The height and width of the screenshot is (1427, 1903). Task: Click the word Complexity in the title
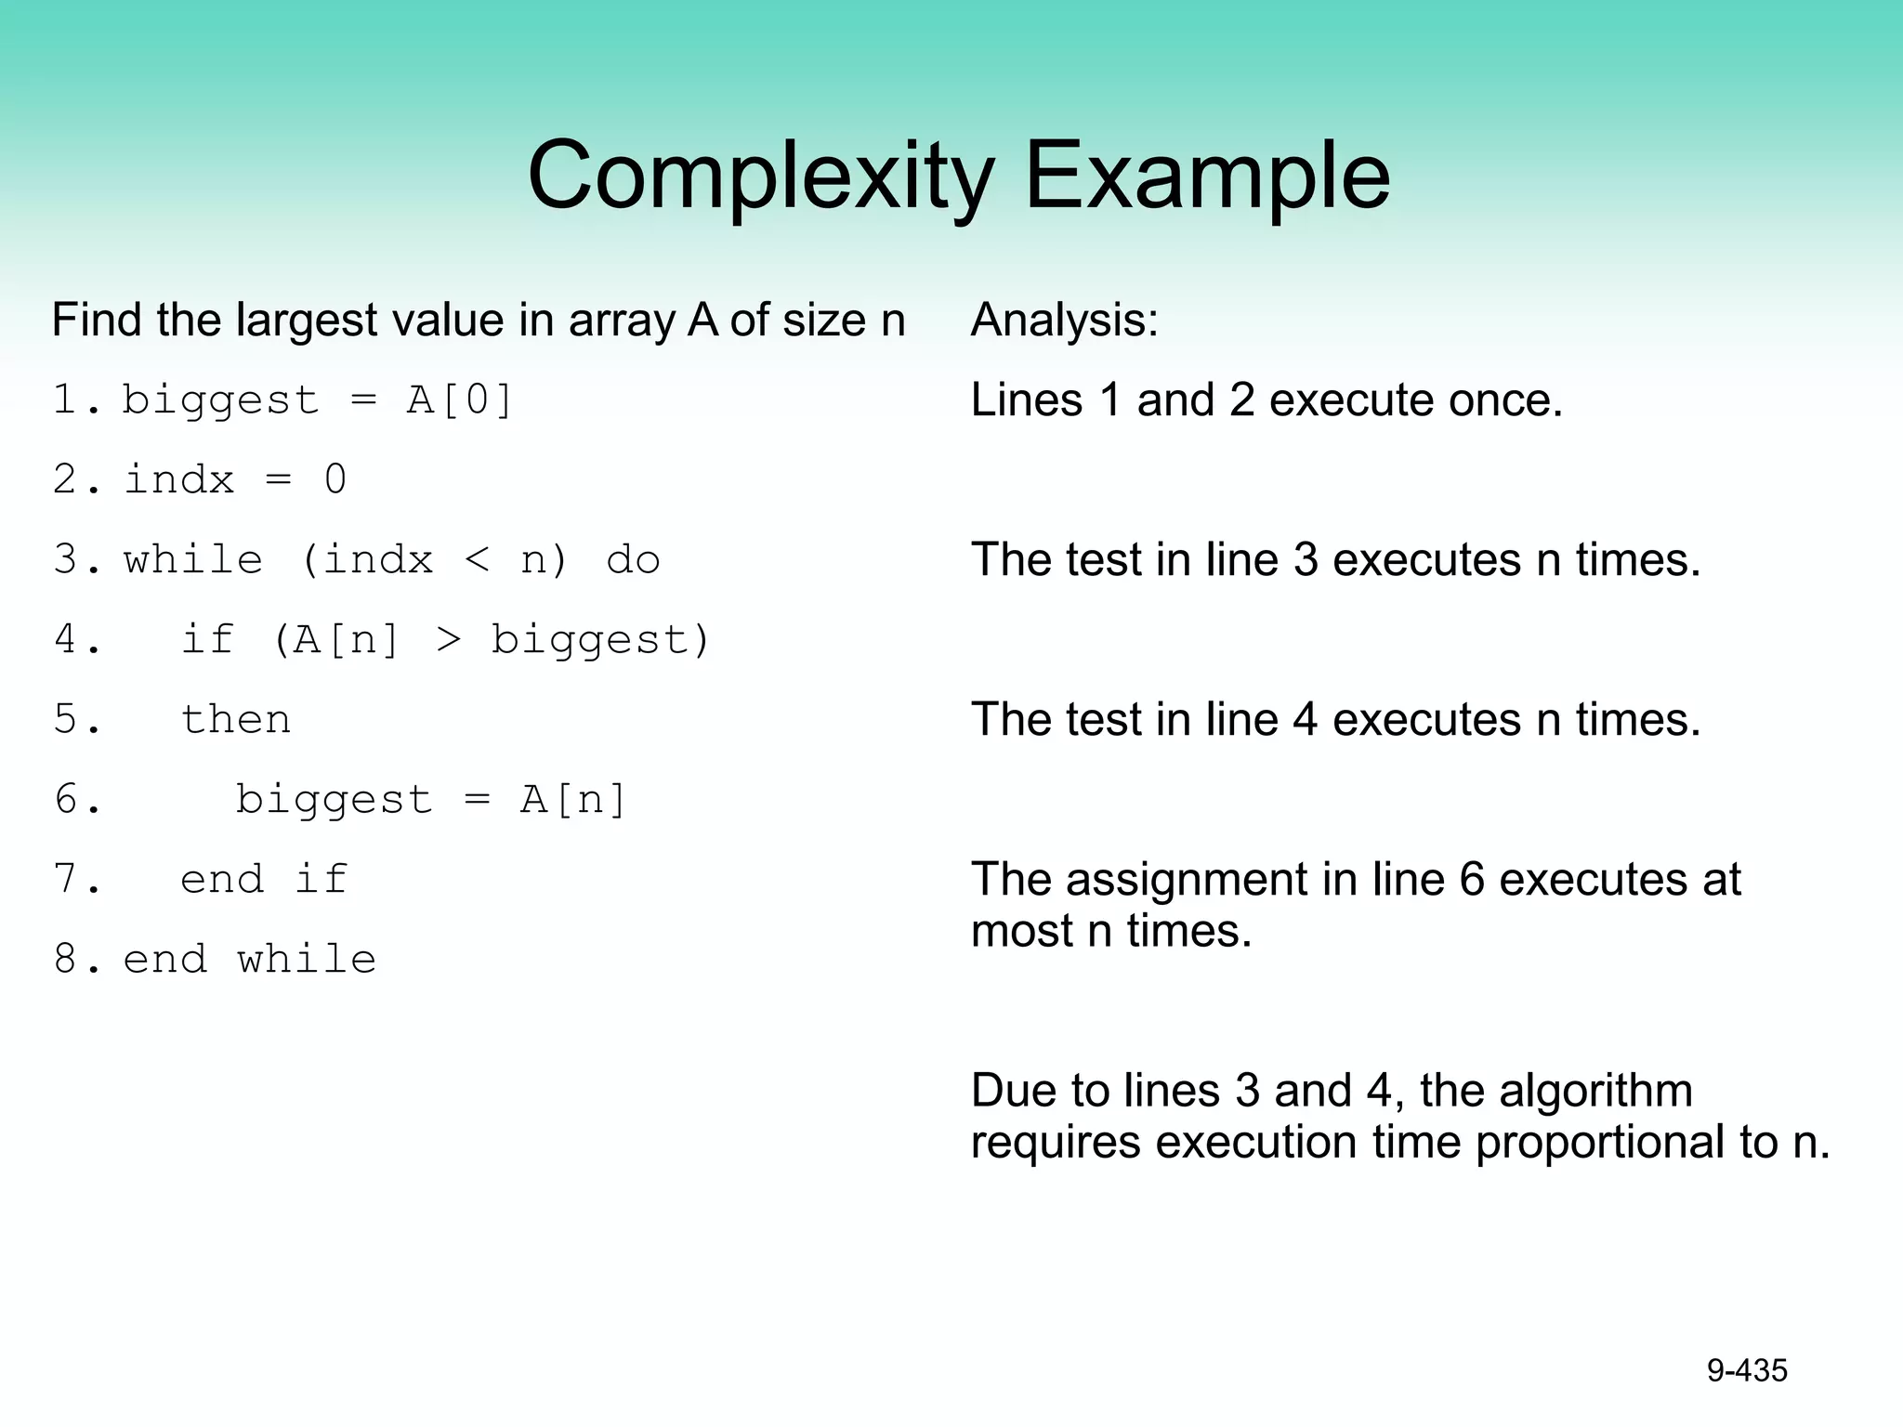(760, 177)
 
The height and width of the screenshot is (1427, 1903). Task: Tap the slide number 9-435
(1747, 1370)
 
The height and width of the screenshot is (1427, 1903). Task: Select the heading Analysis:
(1065, 320)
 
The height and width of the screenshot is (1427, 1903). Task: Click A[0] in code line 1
(460, 400)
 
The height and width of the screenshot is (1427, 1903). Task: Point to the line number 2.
(65, 480)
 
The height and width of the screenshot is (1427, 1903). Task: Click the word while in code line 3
(193, 560)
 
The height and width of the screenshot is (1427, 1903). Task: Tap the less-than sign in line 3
(477, 560)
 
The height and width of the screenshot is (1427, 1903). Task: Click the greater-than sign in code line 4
(448, 640)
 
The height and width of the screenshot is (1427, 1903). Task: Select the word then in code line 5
(236, 720)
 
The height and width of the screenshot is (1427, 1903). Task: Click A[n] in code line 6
(573, 800)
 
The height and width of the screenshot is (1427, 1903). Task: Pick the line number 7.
(65, 880)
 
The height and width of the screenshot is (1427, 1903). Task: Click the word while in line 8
(307, 960)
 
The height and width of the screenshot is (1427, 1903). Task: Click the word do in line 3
(633, 560)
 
